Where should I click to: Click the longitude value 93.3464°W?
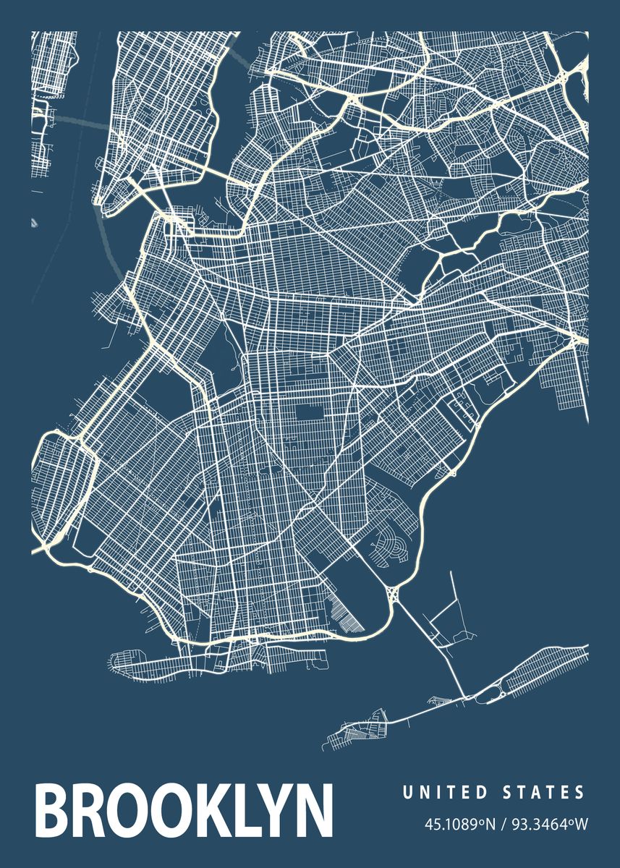coord(543,825)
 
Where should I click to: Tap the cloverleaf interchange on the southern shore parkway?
coord(394,595)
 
